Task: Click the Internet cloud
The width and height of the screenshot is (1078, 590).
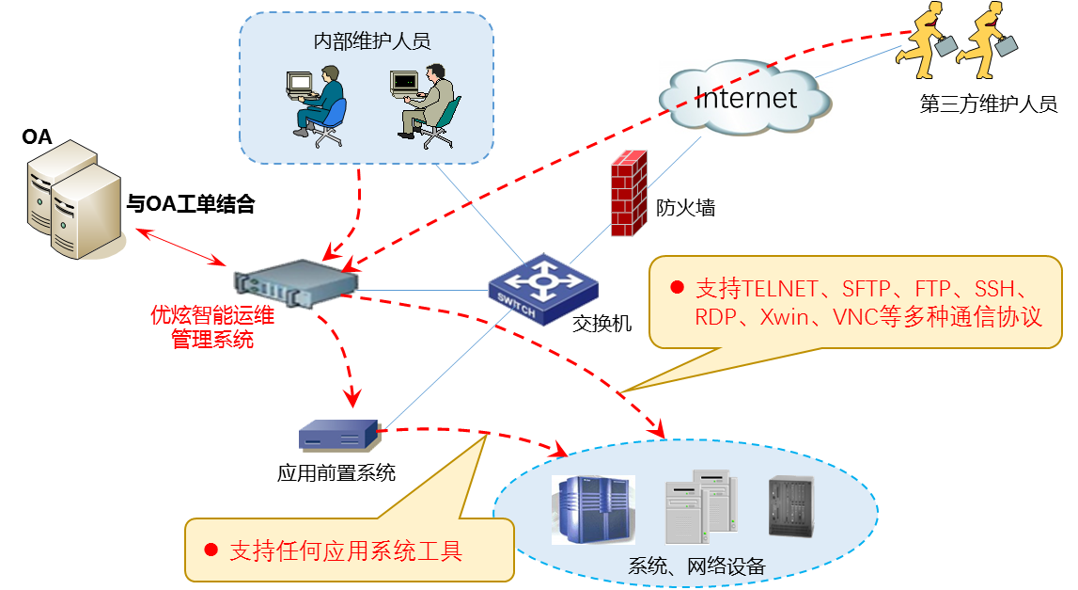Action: pos(745,97)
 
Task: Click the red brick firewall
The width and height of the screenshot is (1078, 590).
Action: pos(629,194)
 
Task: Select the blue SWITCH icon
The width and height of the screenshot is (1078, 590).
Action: pos(542,289)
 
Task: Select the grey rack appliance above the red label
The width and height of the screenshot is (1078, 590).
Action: pos(297,281)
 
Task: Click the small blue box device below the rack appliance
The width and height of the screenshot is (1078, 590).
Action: pos(338,435)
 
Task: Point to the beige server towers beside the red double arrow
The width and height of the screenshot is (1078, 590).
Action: pos(73,200)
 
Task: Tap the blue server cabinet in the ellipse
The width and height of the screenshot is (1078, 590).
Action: pos(593,509)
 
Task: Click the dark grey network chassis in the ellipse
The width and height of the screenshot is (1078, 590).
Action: pos(790,506)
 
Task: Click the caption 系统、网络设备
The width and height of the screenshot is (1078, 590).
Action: pos(696,566)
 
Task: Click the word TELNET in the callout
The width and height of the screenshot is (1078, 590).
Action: pos(782,288)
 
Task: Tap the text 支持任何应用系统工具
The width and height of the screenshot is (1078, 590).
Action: pos(346,550)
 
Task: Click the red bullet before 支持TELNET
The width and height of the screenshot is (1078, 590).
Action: pos(675,287)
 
